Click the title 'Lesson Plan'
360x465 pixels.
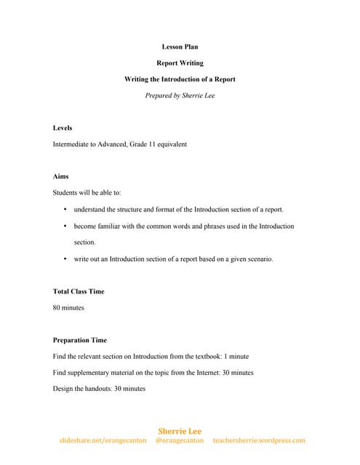point(180,47)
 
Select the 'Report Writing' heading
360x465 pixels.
point(180,63)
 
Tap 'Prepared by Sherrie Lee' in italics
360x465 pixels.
point(180,96)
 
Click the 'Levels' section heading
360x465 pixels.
point(63,128)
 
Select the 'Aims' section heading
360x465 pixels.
point(61,177)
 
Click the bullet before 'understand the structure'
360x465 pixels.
point(65,209)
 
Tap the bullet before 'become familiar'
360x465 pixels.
point(65,226)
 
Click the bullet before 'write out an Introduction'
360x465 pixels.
point(65,259)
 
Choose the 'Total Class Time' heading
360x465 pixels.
point(79,291)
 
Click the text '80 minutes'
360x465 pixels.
point(68,307)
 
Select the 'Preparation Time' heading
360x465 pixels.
point(80,340)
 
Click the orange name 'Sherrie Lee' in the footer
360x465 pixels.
point(180,431)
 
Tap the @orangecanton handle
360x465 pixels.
point(180,440)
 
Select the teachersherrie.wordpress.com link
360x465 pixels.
point(259,440)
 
